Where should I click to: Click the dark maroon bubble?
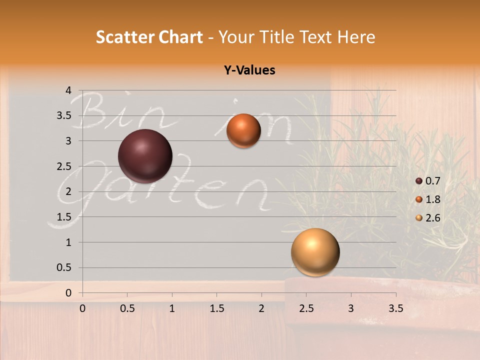145,156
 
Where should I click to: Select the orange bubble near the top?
243,130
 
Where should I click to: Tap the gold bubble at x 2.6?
315,252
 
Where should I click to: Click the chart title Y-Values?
249,70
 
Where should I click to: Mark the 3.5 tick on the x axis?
395,308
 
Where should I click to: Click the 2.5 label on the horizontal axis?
306,308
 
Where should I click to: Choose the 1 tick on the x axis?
172,308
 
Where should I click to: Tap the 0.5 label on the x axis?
127,308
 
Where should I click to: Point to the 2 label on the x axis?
261,308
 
